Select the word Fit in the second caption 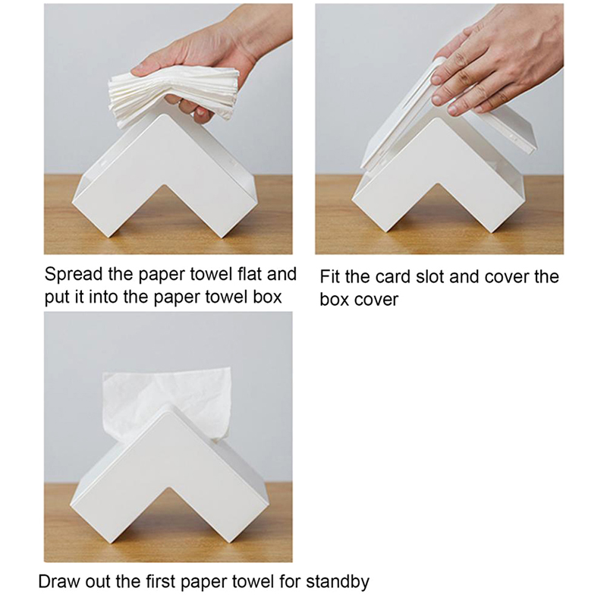tap(330, 277)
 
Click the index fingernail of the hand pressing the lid tap(436, 80)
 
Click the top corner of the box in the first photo tap(166, 115)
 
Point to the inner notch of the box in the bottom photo tap(167, 488)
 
